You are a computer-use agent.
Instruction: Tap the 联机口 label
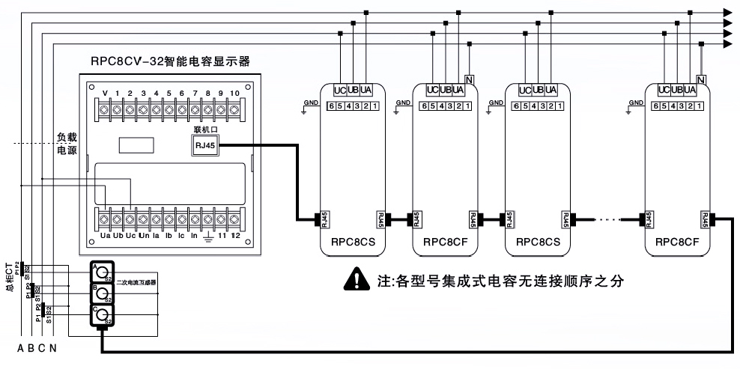coord(204,130)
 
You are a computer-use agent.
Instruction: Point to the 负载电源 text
coord(67,144)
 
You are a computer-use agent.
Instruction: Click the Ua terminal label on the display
coord(105,235)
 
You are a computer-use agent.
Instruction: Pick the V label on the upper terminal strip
coord(105,94)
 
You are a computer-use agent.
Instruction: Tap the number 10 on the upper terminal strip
coord(234,94)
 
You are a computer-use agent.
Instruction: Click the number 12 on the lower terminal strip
coord(236,235)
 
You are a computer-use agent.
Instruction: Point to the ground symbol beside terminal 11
coord(208,236)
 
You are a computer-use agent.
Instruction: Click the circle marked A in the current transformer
coord(102,273)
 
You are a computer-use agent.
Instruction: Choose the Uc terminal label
coord(130,235)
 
